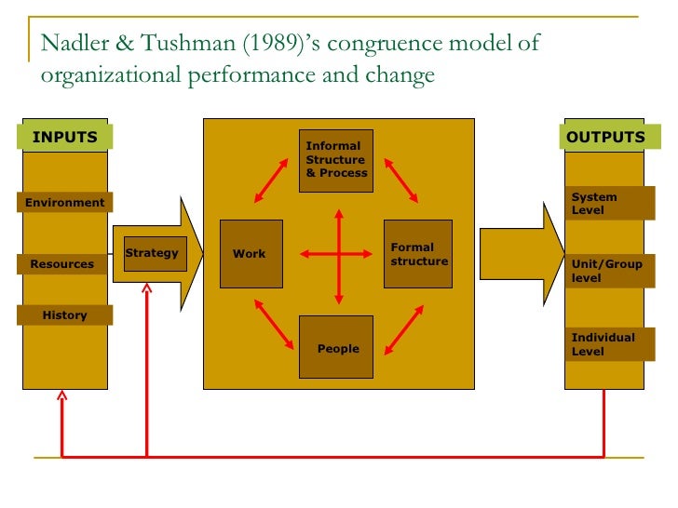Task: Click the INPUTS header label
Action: [x=65, y=138]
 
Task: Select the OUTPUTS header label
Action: [x=605, y=138]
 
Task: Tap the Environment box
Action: [x=65, y=203]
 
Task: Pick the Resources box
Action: [x=62, y=264]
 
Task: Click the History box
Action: [x=65, y=315]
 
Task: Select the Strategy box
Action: [x=152, y=253]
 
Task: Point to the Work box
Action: [x=251, y=253]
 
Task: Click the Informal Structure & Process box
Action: [x=336, y=160]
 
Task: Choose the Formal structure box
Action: [x=418, y=254]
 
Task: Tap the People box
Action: [x=336, y=347]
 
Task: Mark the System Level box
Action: [x=604, y=203]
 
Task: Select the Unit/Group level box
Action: [x=604, y=271]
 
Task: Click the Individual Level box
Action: [x=604, y=344]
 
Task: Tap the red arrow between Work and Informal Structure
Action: [x=271, y=180]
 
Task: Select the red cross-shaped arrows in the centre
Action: [x=338, y=253]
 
